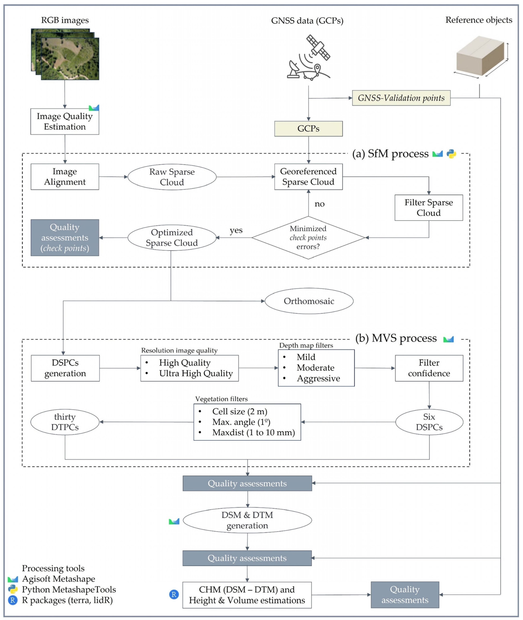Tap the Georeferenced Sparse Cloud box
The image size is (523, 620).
pyautogui.click(x=308, y=177)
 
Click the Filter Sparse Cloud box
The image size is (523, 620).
pyautogui.click(x=428, y=208)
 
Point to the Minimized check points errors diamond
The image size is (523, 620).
pyautogui.click(x=308, y=237)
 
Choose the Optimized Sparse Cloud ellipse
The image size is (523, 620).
pyautogui.click(x=172, y=237)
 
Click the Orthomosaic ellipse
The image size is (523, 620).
pyautogui.click(x=309, y=301)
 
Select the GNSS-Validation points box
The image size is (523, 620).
pyautogui.click(x=401, y=98)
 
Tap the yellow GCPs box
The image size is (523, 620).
pyautogui.click(x=308, y=129)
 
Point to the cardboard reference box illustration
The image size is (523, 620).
pyautogui.click(x=480, y=56)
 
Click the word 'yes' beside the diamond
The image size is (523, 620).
pyautogui.click(x=236, y=230)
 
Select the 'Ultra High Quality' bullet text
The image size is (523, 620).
pyautogui.click(x=196, y=373)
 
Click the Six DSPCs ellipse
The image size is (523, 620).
pyautogui.click(x=429, y=422)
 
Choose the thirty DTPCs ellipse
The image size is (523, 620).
pyautogui.click(x=65, y=422)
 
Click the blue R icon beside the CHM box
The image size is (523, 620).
pyautogui.click(x=174, y=594)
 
